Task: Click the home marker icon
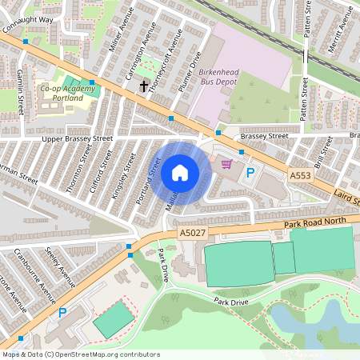click(x=180, y=173)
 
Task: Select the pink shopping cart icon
click(x=226, y=164)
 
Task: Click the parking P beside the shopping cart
click(x=250, y=172)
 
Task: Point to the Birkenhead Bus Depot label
click(x=218, y=75)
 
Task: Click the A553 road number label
click(x=301, y=174)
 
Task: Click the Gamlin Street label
click(x=18, y=89)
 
